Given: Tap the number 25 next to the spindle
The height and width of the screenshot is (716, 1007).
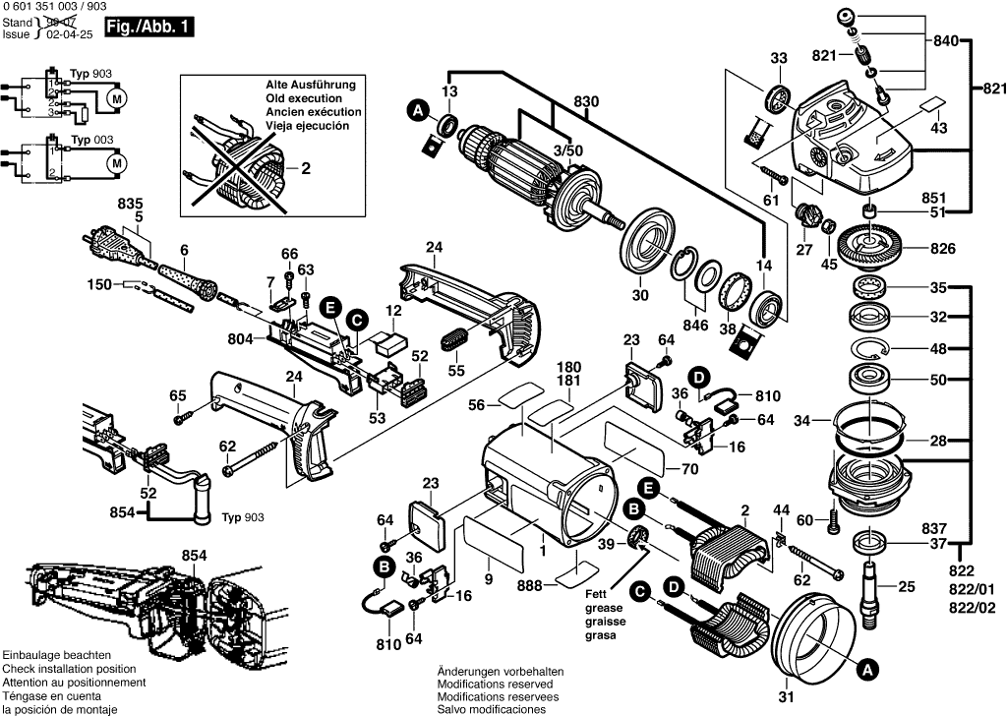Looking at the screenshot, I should (x=907, y=587).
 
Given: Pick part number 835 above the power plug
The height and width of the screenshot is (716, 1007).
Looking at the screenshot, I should (x=130, y=204).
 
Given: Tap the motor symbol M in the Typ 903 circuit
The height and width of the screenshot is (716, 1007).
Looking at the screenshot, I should (x=116, y=98).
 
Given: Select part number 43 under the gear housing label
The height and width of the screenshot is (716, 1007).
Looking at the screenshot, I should (x=939, y=128).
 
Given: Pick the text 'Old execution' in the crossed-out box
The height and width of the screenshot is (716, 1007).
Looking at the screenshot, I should (x=304, y=99).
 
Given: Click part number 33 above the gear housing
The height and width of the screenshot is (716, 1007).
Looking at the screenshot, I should (x=779, y=59).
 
